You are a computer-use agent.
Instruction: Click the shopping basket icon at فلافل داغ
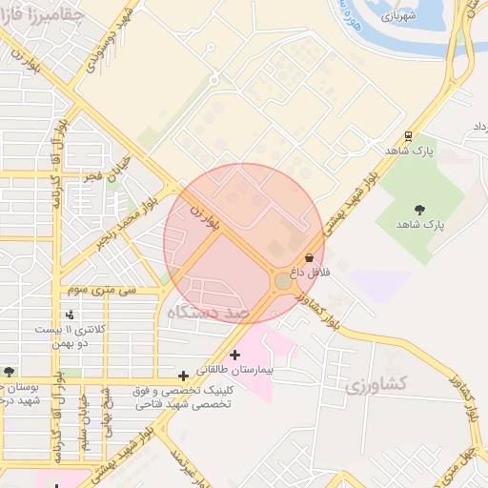click(x=309, y=258)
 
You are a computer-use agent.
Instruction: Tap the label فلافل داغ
click(x=310, y=273)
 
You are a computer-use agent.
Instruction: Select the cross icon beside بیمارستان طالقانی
click(x=234, y=356)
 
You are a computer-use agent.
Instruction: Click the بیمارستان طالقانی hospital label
click(x=234, y=368)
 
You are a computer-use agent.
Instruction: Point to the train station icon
click(x=408, y=136)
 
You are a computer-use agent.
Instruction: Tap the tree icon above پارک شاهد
click(x=419, y=210)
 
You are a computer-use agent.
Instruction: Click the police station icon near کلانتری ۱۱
click(x=70, y=315)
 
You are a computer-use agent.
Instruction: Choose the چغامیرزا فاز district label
click(x=43, y=14)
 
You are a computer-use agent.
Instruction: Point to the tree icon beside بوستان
click(x=9, y=372)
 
